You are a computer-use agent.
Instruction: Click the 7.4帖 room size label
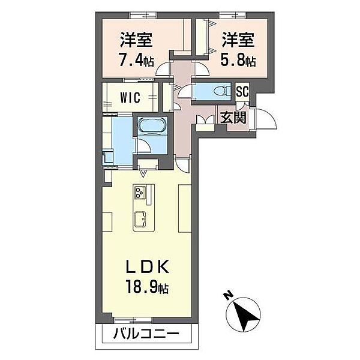[x=136, y=61]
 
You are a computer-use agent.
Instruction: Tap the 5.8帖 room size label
[x=239, y=61]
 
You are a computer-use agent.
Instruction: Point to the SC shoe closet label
[x=242, y=91]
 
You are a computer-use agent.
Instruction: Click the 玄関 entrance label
[x=232, y=117]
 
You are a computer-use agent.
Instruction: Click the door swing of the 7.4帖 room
[x=163, y=70]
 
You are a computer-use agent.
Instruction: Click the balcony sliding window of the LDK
[x=128, y=320]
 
